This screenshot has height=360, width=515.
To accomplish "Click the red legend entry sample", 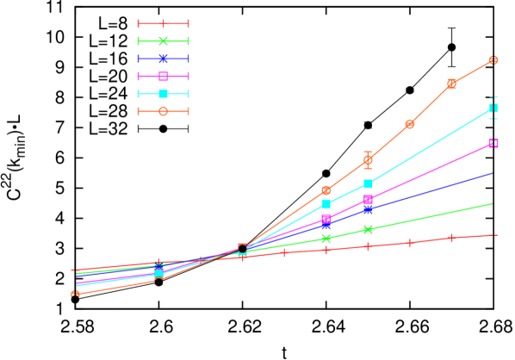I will pyautogui.click(x=163, y=23).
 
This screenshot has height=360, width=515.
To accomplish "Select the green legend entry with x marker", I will pyautogui.click(x=163, y=41).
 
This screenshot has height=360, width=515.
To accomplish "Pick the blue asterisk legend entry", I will pyautogui.click(x=163, y=59).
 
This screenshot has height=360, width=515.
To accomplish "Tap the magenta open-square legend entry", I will pyautogui.click(x=163, y=77).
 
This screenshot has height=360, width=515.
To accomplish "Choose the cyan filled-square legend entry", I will pyautogui.click(x=163, y=94).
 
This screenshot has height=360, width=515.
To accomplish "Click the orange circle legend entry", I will pyautogui.click(x=163, y=111).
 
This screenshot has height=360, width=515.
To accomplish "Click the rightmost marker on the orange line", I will pyautogui.click(x=493, y=60).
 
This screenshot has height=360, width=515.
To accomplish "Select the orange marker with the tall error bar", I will pyautogui.click(x=368, y=160).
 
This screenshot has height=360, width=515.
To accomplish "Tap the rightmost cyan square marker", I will pyautogui.click(x=493, y=108).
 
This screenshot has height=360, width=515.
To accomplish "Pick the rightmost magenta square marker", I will pyautogui.click(x=493, y=143).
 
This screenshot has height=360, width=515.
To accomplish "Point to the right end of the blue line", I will pyautogui.click(x=493, y=173).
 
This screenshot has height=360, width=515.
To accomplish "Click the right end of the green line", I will pyautogui.click(x=493, y=204).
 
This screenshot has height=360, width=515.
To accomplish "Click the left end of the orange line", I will pyautogui.click(x=75, y=294).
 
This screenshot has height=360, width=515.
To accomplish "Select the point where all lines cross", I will pyautogui.click(x=242, y=250).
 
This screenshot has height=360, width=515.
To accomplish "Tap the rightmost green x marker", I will pyautogui.click(x=368, y=229).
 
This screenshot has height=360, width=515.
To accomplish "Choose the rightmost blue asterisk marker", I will pyautogui.click(x=368, y=209).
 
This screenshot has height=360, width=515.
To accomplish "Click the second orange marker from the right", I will pyautogui.click(x=451, y=84).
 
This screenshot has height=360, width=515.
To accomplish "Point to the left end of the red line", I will pyautogui.click(x=73, y=270).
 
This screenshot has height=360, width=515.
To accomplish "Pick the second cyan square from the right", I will pyautogui.click(x=368, y=183).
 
